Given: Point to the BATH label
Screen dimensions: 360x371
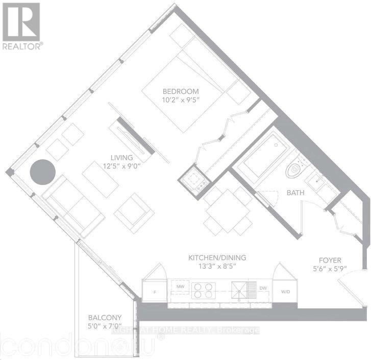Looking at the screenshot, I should tap(282, 193).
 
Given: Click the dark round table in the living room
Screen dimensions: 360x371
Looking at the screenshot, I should tap(42, 172).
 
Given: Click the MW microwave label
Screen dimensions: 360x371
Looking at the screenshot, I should tap(180, 288).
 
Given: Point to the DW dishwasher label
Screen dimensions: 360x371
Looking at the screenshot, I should tap(263, 288).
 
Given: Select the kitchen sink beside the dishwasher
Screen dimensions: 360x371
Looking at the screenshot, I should tap(239, 289).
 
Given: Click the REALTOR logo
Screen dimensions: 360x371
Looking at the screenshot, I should tap(21, 25).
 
